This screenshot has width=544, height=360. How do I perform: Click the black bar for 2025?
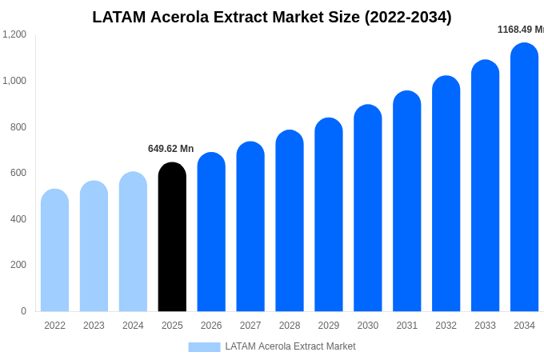click(172, 237)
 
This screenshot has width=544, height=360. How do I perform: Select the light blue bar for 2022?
click(54, 250)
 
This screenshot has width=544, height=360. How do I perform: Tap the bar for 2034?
click(524, 178)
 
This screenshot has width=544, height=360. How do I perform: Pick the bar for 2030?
click(368, 208)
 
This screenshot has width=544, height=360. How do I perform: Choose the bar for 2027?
click(250, 226)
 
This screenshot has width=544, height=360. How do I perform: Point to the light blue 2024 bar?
click(133, 242)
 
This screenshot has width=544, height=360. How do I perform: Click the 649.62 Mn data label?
click(170, 149)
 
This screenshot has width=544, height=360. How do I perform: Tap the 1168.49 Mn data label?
click(520, 30)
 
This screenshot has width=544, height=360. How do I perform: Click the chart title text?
click(272, 17)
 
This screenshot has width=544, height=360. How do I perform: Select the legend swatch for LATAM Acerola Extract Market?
click(204, 346)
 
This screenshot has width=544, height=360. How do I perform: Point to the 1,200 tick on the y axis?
click(14, 34)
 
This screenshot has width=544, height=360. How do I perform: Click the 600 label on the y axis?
click(18, 173)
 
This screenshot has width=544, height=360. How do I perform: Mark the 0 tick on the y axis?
click(23, 311)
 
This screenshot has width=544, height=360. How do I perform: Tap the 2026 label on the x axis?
click(211, 326)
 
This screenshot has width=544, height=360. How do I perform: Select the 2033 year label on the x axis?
click(485, 326)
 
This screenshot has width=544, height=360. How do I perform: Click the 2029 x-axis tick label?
click(329, 326)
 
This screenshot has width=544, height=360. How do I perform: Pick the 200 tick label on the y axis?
click(18, 265)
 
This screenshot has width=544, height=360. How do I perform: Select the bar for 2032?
click(446, 194)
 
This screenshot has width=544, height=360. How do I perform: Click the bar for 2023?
click(94, 246)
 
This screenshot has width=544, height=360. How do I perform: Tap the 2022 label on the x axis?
click(54, 326)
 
